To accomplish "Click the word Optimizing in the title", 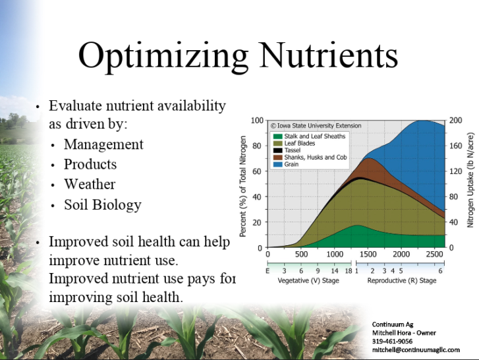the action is (x=163, y=57).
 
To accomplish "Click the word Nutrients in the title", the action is (x=329, y=55).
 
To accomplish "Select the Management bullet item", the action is (x=103, y=145).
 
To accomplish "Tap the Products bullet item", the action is (x=90, y=164).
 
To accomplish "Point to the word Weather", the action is (x=90, y=184).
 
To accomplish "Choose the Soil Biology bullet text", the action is (x=103, y=205).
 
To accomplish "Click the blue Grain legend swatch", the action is (x=277, y=164).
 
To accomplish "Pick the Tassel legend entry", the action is (x=287, y=150).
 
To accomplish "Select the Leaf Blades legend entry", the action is (x=294, y=143).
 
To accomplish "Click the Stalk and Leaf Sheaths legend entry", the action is (x=309, y=136).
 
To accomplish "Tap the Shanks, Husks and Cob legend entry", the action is (x=310, y=158).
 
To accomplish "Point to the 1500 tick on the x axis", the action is (x=368, y=255).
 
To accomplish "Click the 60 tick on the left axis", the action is (x=257, y=171).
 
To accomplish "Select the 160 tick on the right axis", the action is (x=455, y=146).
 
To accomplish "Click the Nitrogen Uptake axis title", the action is (x=470, y=180).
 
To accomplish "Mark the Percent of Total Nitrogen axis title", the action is (x=243, y=187).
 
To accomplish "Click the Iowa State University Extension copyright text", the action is (x=316, y=125).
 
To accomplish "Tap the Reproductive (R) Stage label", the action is (x=402, y=280).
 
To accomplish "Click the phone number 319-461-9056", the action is (x=392, y=342).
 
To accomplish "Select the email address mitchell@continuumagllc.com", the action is (x=416, y=350).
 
